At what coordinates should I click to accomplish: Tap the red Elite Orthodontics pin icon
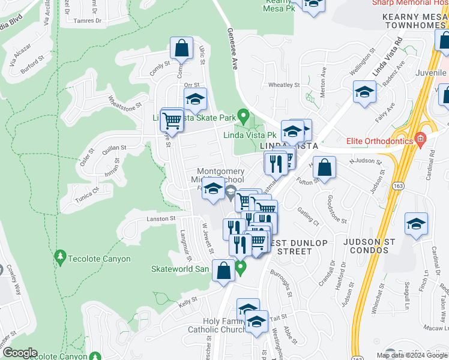420,140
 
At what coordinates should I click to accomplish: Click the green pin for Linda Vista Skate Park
243,115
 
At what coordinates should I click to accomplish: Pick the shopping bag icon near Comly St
181,48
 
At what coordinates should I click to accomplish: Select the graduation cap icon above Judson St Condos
416,224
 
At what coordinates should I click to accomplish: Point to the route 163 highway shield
399,187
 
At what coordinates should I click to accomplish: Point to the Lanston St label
160,219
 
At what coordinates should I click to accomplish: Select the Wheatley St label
283,85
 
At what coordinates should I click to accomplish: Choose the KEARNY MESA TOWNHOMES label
415,21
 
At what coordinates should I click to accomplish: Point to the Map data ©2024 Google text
412,355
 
